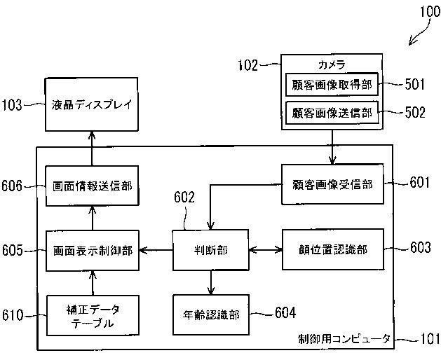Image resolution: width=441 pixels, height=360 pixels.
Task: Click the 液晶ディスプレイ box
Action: tap(92, 104)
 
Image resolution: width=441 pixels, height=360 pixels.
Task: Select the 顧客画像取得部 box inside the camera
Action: tap(332, 85)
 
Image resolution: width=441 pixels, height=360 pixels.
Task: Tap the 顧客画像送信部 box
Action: tap(332, 113)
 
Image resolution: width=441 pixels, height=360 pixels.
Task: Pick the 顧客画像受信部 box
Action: tap(332, 184)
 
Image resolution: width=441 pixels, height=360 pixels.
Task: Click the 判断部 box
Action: tap(210, 250)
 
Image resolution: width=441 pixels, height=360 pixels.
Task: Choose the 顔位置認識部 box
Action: tap(333, 249)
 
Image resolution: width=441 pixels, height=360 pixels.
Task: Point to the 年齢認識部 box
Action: tap(211, 314)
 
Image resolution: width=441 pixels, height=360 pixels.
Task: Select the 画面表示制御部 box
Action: tap(93, 251)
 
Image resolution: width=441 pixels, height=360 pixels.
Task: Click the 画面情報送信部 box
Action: tap(92, 186)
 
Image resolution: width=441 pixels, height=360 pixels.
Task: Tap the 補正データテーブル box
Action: tap(93, 315)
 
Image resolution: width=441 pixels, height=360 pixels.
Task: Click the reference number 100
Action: tap(430, 12)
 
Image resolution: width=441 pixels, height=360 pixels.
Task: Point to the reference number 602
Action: tap(184, 198)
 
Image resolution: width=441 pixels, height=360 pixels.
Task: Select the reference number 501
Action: tap(415, 84)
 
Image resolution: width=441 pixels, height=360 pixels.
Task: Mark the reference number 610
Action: tap(13, 315)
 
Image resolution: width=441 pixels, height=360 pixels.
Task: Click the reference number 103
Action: tap(12, 105)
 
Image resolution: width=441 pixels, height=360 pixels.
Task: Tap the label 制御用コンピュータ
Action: tap(344, 339)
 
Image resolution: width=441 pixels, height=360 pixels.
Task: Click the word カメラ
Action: tap(332, 65)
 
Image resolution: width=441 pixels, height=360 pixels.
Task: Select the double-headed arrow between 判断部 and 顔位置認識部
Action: tap(266, 249)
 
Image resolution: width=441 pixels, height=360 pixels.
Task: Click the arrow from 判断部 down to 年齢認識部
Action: tap(211, 282)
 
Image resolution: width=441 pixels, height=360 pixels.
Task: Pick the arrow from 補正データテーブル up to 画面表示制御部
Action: tap(93, 283)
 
